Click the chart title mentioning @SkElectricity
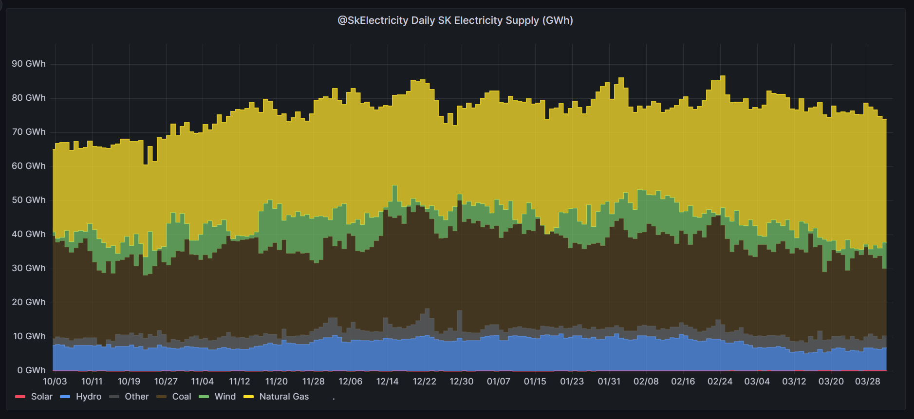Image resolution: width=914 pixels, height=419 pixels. click(x=455, y=20)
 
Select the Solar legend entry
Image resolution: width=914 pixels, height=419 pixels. click(x=34, y=397)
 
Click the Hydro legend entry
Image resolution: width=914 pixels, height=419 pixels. click(x=81, y=397)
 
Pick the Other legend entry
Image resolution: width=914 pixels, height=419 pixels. click(x=129, y=397)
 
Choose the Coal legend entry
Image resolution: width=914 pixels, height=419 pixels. click(x=174, y=397)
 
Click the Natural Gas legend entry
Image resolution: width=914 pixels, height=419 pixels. click(x=276, y=397)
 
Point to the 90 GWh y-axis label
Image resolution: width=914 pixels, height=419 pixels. click(x=29, y=64)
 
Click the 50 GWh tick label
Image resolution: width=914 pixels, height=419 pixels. click(x=29, y=200)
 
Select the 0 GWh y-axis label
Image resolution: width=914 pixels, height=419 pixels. click(x=31, y=370)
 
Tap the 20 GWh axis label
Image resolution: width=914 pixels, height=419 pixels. click(x=29, y=302)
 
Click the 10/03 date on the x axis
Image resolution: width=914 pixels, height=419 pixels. click(x=55, y=382)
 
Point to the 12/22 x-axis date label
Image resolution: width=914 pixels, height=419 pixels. click(x=425, y=382)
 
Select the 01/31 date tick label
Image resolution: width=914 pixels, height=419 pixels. click(x=609, y=382)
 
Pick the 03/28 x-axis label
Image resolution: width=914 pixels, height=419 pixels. click(x=868, y=382)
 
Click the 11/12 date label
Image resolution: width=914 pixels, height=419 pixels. click(x=240, y=382)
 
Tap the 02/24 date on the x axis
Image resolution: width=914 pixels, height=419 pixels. click(x=720, y=382)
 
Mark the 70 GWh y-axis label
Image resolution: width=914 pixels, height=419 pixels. click(x=29, y=132)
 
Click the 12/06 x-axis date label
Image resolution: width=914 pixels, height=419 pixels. click(x=351, y=382)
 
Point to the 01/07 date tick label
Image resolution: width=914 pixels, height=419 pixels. click(x=499, y=382)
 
